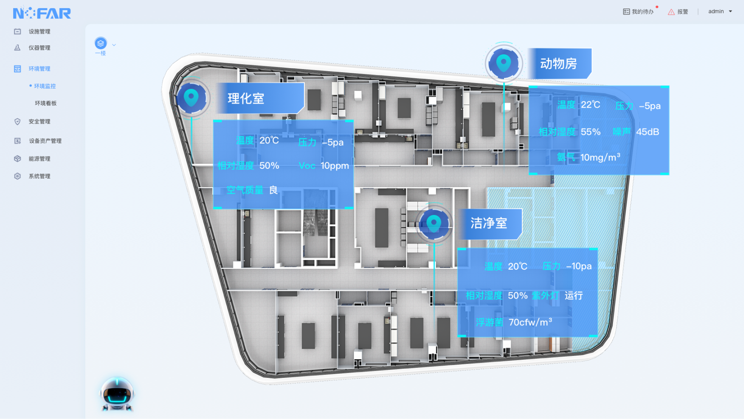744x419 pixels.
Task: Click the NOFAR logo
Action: pyautogui.click(x=42, y=13)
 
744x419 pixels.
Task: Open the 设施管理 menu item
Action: pyautogui.click(x=39, y=31)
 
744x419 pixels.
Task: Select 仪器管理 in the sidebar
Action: pyautogui.click(x=39, y=48)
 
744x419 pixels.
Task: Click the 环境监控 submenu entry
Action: pyautogui.click(x=45, y=86)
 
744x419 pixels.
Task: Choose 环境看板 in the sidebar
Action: pyautogui.click(x=45, y=103)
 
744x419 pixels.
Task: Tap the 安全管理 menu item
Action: pyautogui.click(x=39, y=122)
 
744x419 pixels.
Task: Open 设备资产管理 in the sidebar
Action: pyautogui.click(x=45, y=141)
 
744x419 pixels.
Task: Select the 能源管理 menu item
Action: pyautogui.click(x=39, y=159)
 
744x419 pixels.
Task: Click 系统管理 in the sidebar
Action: pyautogui.click(x=39, y=176)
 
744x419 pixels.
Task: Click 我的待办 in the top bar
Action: pyautogui.click(x=638, y=12)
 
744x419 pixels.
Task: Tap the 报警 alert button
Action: pyautogui.click(x=678, y=12)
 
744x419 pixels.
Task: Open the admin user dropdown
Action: pyautogui.click(x=720, y=11)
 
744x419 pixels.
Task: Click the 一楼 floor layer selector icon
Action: pyautogui.click(x=100, y=43)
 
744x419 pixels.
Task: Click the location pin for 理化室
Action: pyautogui.click(x=191, y=98)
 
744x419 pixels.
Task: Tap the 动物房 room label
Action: pyautogui.click(x=558, y=64)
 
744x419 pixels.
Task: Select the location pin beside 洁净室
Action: pyautogui.click(x=433, y=223)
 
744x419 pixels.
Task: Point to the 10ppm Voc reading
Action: pyautogui.click(x=334, y=166)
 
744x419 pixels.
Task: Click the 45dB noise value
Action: pyautogui.click(x=647, y=132)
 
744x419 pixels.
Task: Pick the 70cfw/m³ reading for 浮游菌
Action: pyautogui.click(x=530, y=322)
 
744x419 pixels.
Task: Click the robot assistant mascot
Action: pyautogui.click(x=117, y=394)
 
